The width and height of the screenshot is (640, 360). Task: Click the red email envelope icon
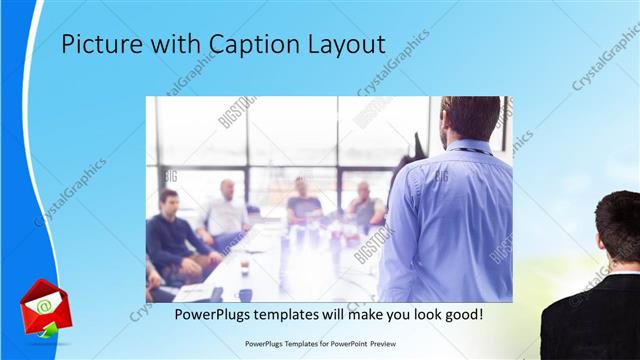coord(41,305)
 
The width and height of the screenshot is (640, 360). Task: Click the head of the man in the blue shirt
coord(468,117)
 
